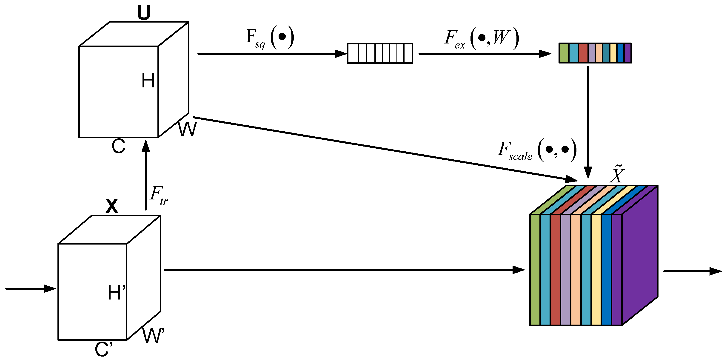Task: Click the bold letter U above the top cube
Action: click(x=144, y=13)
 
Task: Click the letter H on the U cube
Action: click(x=148, y=81)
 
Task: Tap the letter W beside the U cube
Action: click(x=187, y=129)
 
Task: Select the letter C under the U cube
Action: click(x=118, y=146)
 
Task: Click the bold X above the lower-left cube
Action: click(x=112, y=206)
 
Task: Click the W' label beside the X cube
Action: click(x=153, y=335)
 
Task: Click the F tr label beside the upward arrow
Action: click(x=159, y=195)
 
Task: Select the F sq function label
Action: click(x=270, y=38)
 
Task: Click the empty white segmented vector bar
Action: click(x=380, y=53)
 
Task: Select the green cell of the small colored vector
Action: click(x=564, y=53)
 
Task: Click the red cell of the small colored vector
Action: click(x=583, y=53)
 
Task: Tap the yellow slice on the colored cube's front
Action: click(x=596, y=270)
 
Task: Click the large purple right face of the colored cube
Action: click(x=640, y=254)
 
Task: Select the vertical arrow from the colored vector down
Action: click(x=588, y=121)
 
